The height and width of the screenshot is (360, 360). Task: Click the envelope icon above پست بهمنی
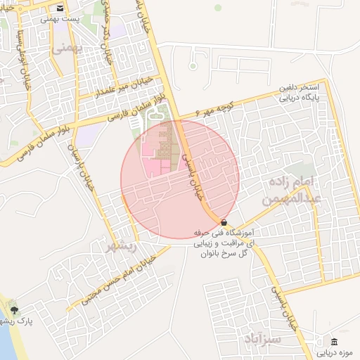click(60, 9)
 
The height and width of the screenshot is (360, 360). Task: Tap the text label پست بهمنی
click(60, 20)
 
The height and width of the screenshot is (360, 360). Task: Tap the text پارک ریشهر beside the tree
click(34, 321)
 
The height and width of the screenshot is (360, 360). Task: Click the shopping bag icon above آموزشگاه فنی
click(224, 221)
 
